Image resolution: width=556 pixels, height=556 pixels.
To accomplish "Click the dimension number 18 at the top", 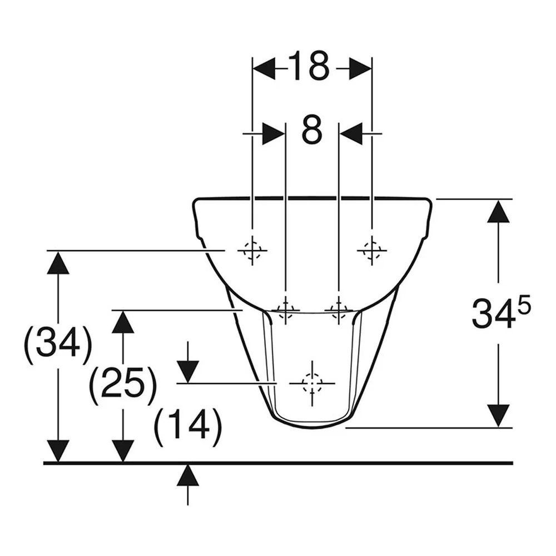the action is click(309, 66).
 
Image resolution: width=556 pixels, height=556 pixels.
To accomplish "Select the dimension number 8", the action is click(312, 130).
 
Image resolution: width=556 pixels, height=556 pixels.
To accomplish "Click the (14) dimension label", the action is click(188, 427).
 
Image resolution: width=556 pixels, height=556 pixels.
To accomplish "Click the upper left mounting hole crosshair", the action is click(252, 250).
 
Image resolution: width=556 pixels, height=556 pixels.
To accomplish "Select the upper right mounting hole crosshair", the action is click(371, 250).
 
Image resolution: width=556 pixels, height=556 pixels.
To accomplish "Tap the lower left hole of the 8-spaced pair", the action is click(285, 310).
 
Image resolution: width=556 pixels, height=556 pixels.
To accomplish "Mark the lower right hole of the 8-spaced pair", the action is click(339, 310).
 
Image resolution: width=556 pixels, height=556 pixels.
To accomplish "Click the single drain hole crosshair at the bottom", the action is click(312, 383).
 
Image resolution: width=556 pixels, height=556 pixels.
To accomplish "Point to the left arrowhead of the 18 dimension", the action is click(264, 69).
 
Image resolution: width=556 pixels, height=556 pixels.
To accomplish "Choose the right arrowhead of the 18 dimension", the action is click(360, 69).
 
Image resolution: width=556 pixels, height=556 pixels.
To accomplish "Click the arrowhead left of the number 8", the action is click(274, 133).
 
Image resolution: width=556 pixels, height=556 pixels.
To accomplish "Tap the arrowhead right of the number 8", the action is click(351, 133).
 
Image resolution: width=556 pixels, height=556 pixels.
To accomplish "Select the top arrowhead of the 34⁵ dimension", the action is click(499, 212).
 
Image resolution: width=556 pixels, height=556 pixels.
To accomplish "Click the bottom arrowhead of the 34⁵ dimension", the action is click(499, 415).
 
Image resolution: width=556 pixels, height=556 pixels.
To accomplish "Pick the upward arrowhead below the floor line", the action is click(187, 475).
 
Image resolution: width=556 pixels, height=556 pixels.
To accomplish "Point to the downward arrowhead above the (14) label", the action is click(187, 371).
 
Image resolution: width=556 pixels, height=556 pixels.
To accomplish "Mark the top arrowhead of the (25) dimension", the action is click(123, 322).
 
